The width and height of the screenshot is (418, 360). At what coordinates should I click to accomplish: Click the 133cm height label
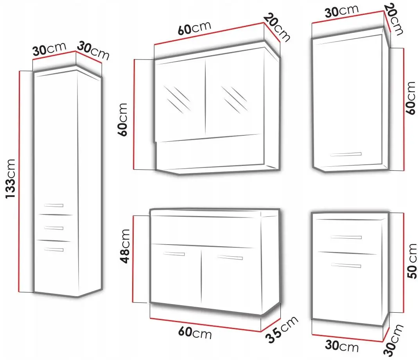point(11,178)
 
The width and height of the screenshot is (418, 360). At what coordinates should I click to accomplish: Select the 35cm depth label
point(282,329)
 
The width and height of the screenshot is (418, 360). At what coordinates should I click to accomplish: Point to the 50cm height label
point(412,261)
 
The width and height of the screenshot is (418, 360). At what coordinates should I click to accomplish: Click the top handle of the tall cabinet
point(54,205)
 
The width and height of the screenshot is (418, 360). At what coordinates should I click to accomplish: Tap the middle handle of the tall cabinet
point(54,228)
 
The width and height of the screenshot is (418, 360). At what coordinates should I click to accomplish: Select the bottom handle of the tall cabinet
point(54,250)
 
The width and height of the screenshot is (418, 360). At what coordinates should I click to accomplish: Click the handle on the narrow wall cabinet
point(346,154)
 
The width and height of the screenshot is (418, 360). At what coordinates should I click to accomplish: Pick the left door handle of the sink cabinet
point(174,254)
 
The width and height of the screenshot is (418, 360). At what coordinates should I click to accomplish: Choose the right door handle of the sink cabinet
point(230,257)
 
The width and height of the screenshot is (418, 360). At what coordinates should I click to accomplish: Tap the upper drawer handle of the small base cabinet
point(346,237)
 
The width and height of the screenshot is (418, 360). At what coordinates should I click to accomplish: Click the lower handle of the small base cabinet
point(346,265)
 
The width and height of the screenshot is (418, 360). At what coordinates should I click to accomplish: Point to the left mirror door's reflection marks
point(177,99)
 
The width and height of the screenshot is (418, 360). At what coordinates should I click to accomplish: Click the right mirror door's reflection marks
point(234,99)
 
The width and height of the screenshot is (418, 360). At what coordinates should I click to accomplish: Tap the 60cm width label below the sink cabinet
point(195,333)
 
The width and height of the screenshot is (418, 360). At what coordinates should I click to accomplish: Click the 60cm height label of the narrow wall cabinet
point(411,98)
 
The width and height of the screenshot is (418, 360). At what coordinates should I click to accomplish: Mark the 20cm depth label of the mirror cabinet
point(277,27)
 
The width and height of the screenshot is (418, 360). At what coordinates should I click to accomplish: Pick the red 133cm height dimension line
point(19,181)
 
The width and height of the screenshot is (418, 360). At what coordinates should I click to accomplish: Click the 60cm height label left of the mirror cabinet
point(123,120)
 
